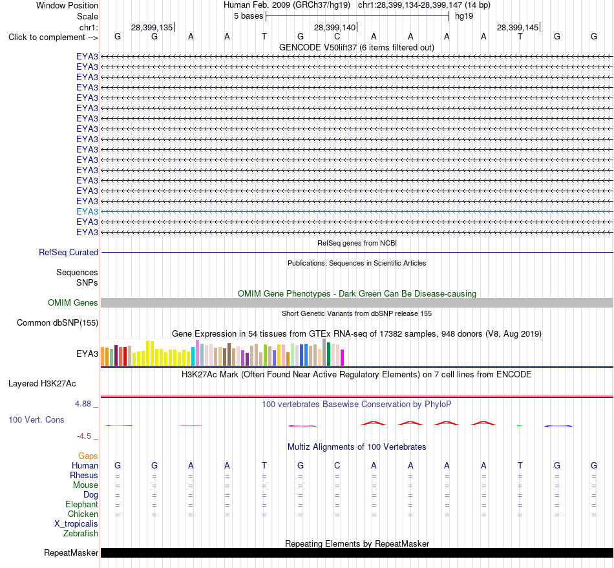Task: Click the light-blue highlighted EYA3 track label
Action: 87,211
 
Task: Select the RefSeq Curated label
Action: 69,252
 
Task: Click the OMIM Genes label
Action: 73,302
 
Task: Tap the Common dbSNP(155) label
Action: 58,322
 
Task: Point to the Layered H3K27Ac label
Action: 42,384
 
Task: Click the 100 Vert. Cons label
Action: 36,419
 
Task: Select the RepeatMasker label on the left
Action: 71,552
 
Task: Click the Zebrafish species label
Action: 81,533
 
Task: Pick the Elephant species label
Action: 81,504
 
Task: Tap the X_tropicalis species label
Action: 76,524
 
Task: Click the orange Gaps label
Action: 88,456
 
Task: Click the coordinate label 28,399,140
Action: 335,27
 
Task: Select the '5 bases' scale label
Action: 249,16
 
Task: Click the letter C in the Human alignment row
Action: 337,465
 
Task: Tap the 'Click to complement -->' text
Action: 53,37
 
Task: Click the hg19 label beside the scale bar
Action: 464,16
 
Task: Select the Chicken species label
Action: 83,514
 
